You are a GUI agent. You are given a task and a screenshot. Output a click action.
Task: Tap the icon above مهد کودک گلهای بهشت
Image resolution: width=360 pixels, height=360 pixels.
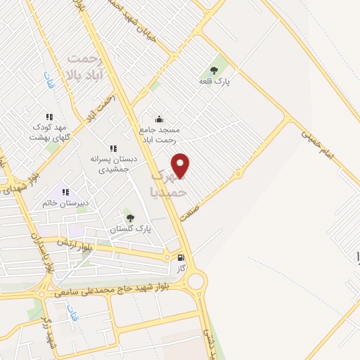tap(49, 116)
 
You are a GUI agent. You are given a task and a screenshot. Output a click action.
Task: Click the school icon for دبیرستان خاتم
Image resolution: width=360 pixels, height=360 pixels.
tap(65, 191)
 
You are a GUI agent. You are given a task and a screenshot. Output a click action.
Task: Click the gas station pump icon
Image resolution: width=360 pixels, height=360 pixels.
tap(182, 257)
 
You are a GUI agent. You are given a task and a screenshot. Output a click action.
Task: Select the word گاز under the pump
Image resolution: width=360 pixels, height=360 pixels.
tap(181, 269)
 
